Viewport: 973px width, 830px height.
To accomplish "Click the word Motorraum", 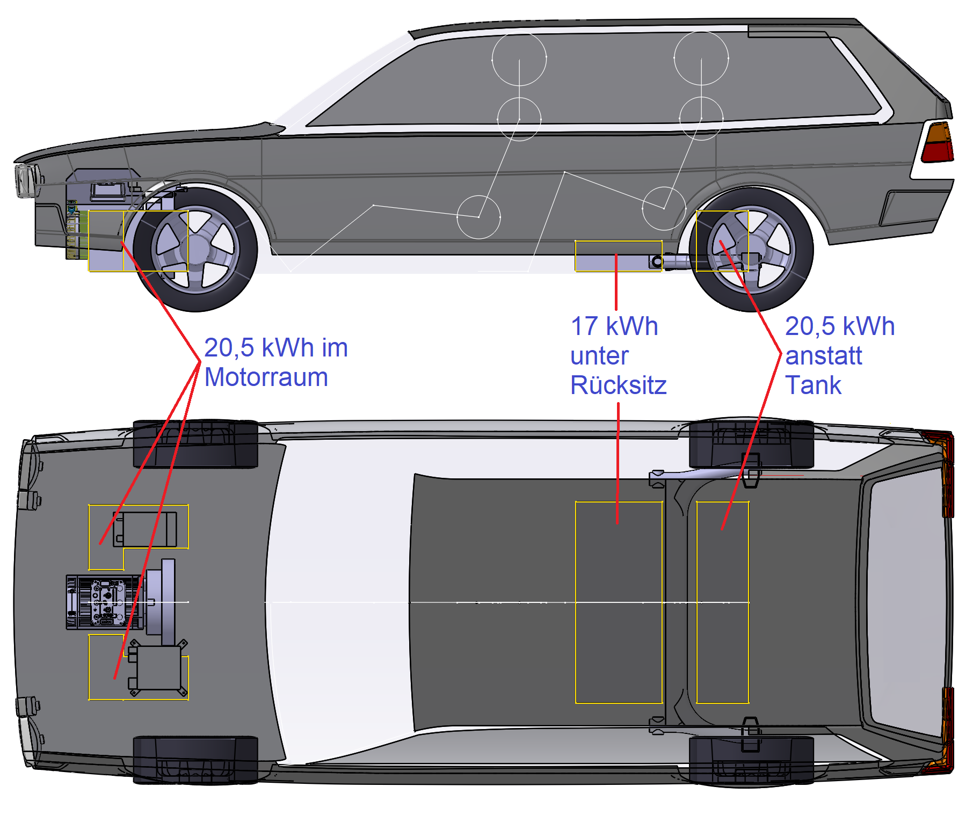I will pyautogui.click(x=266, y=377).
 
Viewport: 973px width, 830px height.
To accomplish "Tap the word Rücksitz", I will pyautogui.click(x=618, y=385).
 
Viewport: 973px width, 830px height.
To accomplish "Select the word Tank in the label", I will pyautogui.click(x=813, y=385).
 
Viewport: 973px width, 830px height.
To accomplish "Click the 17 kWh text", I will pyautogui.click(x=614, y=326).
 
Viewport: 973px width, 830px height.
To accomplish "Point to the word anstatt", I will pyautogui.click(x=823, y=356).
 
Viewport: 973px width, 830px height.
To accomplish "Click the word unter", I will pyautogui.click(x=599, y=356).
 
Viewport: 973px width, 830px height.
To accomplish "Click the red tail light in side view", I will pyautogui.click(x=937, y=143).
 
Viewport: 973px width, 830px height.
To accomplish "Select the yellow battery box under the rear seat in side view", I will pyautogui.click(x=618, y=256).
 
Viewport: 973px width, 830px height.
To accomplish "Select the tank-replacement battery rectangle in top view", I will pyautogui.click(x=722, y=602).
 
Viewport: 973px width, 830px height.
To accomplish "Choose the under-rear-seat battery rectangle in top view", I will pyautogui.click(x=619, y=602).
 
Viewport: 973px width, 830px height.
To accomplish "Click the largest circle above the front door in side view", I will pyautogui.click(x=519, y=59).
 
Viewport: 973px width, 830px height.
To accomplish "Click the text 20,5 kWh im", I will pyautogui.click(x=276, y=348).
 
